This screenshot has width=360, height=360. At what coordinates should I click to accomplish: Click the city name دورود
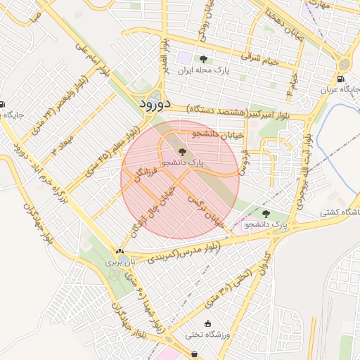point(150,104)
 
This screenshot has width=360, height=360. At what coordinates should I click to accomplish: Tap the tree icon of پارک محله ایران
point(204,59)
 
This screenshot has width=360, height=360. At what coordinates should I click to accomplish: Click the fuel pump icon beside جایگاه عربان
point(341,79)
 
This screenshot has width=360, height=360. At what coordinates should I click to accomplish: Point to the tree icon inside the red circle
point(181,151)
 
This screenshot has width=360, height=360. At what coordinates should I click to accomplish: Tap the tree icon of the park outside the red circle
point(266,214)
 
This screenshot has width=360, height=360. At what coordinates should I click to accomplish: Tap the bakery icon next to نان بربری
point(119,250)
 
